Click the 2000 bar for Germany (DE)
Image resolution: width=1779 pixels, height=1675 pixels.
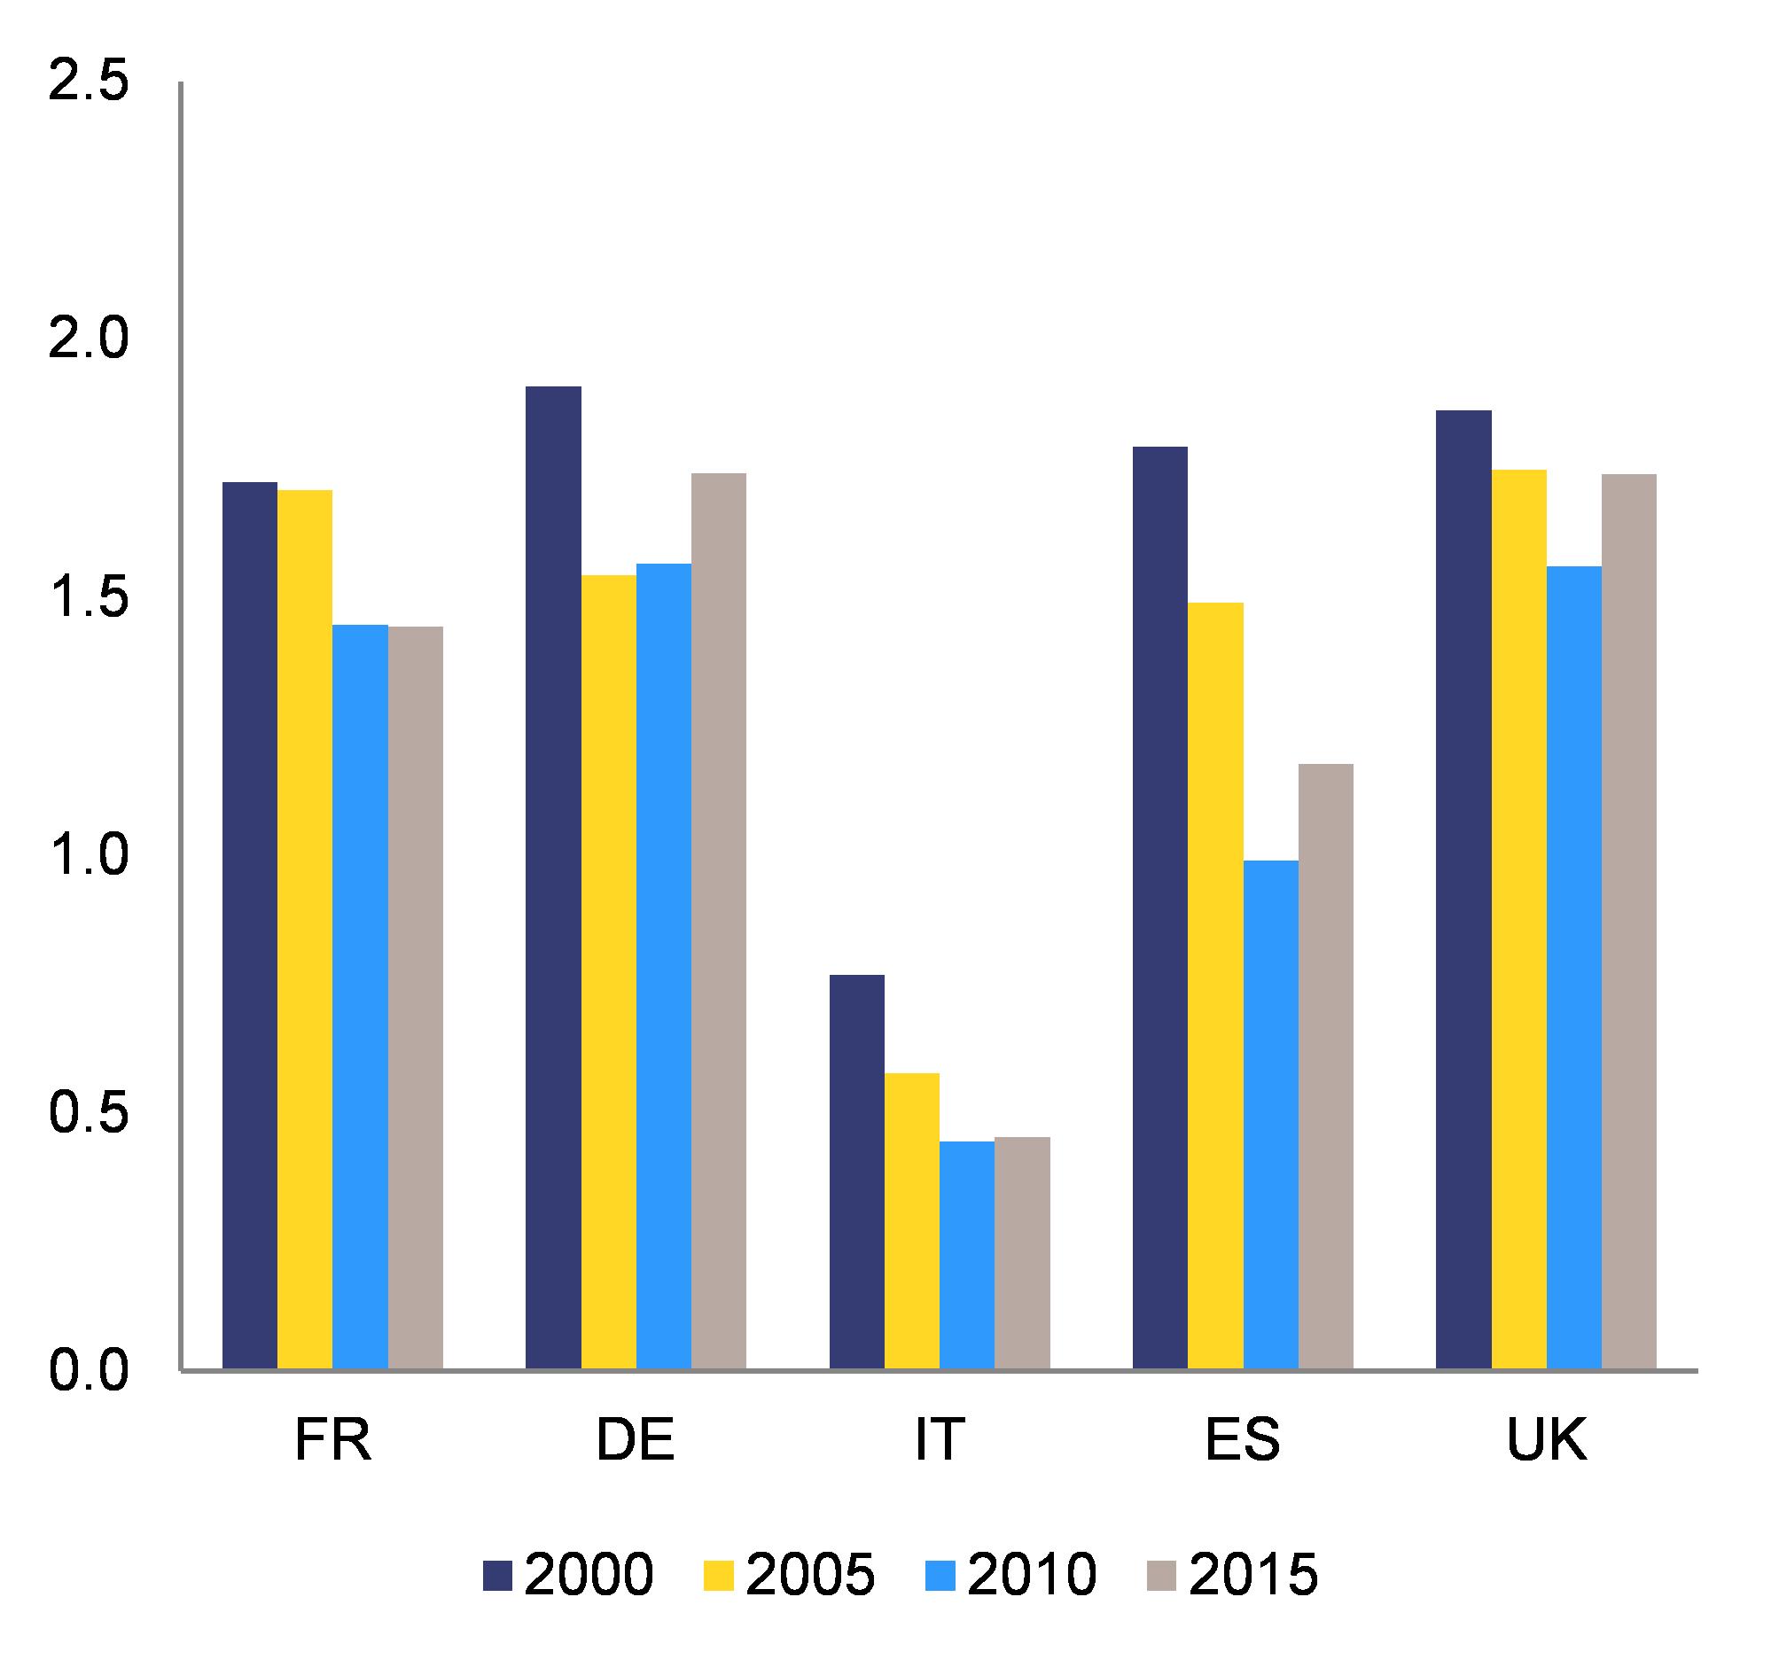[x=553, y=877]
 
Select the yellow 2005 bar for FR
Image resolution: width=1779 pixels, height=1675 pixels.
[x=305, y=930]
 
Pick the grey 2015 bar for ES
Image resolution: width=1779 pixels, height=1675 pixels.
[x=1325, y=1066]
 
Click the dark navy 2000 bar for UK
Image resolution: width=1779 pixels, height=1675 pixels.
[x=1464, y=890]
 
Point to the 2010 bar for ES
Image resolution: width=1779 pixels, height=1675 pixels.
[x=1271, y=1115]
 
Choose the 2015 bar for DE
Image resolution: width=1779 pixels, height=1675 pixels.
[x=719, y=921]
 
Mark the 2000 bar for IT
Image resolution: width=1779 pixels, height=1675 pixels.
[x=857, y=1172]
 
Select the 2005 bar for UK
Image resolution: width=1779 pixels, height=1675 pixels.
[x=1519, y=919]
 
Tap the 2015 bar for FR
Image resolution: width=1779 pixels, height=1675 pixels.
[x=415, y=998]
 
